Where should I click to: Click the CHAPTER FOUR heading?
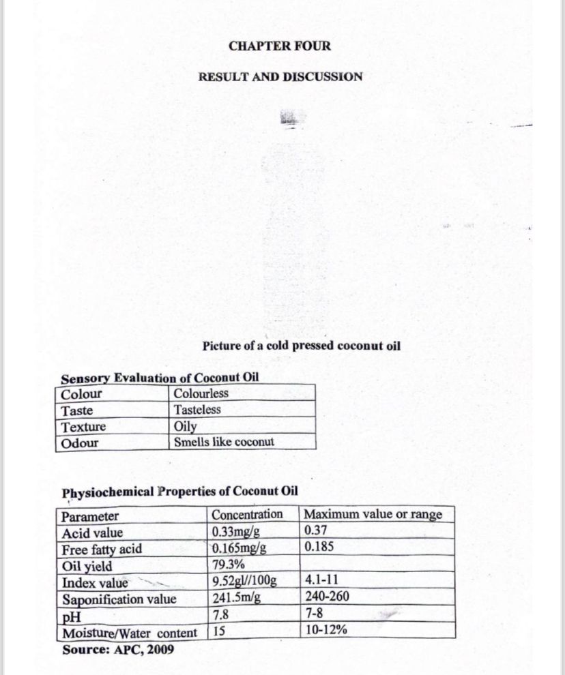[280, 46]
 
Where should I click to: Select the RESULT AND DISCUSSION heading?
[280, 76]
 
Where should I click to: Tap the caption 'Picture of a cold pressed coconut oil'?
[302, 346]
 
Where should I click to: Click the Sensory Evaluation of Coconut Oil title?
[160, 378]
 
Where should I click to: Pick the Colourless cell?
[201, 393]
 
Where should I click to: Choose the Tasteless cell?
[197, 410]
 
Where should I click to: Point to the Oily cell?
[186, 426]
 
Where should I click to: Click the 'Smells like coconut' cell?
[224, 442]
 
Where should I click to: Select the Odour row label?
[80, 443]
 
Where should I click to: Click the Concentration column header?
[247, 515]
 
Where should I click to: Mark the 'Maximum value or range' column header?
[373, 515]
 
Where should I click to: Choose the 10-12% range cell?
[326, 631]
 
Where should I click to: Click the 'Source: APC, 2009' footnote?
[118, 649]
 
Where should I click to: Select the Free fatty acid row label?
[102, 549]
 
